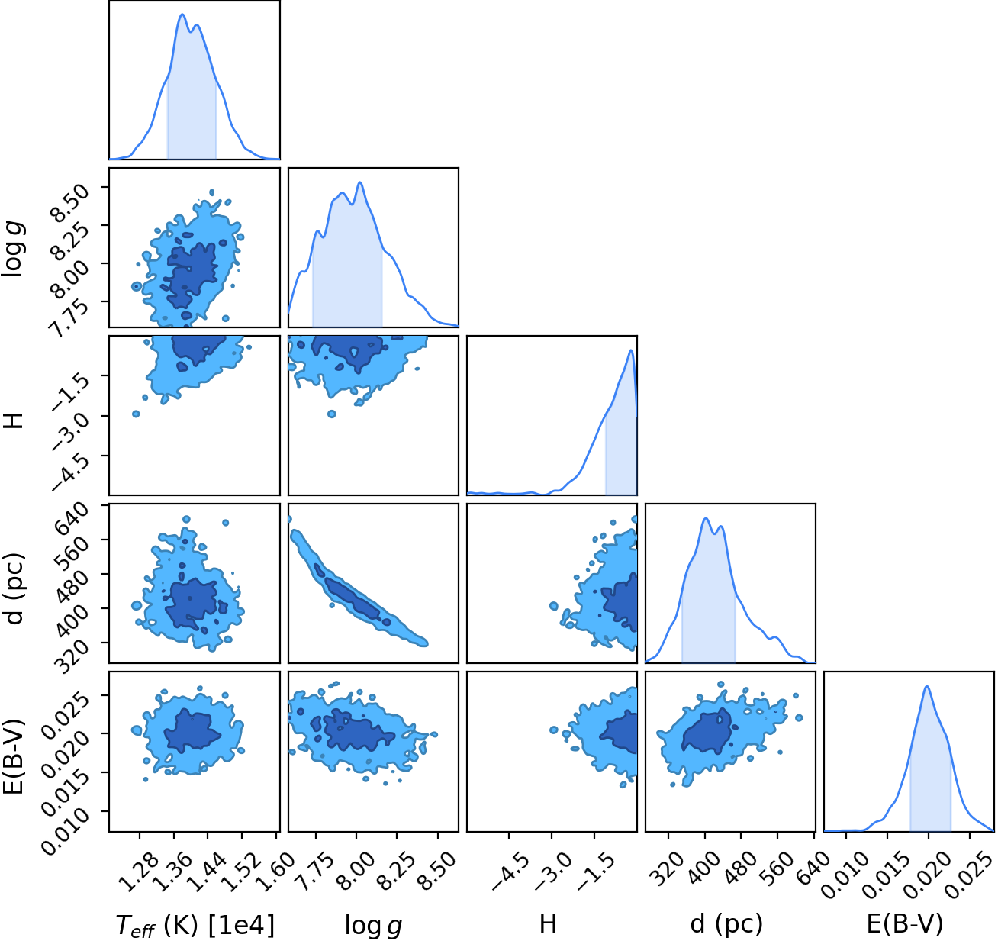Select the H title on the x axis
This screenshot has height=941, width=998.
click(x=548, y=923)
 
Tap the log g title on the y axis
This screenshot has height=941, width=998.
click(x=12, y=249)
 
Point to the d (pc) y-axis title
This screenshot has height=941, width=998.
click(x=14, y=588)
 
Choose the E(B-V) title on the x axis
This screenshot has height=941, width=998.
click(x=905, y=924)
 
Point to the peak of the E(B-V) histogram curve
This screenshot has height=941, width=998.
click(x=926, y=687)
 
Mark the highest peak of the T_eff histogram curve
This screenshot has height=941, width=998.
click(x=182, y=15)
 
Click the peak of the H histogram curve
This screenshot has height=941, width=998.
click(x=631, y=350)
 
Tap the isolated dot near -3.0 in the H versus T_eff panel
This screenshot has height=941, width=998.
click(x=136, y=414)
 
